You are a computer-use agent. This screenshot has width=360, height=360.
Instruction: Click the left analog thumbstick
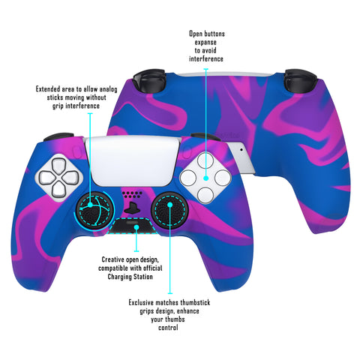click(95, 210)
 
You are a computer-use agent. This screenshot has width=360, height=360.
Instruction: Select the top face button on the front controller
click(205, 160)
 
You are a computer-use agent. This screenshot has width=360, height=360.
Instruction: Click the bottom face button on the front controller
click(205, 195)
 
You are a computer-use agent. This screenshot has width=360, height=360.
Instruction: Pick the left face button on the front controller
click(187, 178)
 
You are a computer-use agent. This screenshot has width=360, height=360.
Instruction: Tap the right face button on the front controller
click(223, 178)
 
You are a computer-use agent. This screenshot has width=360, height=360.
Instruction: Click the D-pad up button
click(58, 166)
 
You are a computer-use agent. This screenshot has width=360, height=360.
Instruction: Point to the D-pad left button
click(47, 178)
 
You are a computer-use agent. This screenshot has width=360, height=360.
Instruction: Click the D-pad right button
click(70, 178)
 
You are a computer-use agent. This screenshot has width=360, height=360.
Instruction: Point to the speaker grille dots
click(132, 195)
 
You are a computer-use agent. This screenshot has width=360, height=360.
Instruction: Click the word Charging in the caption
click(119, 277)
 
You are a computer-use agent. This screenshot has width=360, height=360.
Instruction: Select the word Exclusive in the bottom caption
click(141, 302)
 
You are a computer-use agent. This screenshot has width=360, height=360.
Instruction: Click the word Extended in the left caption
click(48, 89)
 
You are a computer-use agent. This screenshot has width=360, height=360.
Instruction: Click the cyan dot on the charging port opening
click(136, 227)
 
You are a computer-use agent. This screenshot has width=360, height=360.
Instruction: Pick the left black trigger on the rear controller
click(149, 80)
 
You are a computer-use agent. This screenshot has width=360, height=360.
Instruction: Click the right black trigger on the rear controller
click(301, 80)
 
